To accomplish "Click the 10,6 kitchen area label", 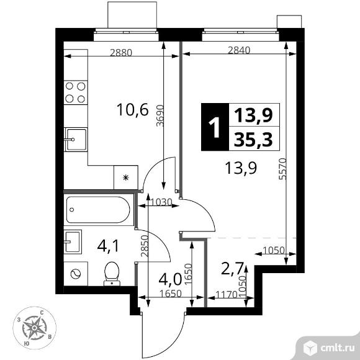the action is [133, 109].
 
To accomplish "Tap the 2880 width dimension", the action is [121, 53].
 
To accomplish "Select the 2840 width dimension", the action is [239, 50].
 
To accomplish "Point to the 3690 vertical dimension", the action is [160, 115].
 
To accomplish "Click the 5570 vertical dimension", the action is [282, 169].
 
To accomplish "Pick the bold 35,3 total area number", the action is [253, 140].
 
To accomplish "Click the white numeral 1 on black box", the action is [215, 127].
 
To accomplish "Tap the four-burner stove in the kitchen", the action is [76, 92].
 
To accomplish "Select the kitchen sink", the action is [76, 140].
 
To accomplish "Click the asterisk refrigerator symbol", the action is [125, 178].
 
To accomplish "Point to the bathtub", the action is [98, 210].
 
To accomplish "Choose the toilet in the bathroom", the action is [112, 274].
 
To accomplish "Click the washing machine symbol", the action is [76, 274].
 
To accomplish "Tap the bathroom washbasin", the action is [73, 241].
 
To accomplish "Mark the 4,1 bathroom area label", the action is [108, 246].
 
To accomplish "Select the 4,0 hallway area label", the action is [170, 279].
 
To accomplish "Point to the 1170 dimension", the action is [226, 294].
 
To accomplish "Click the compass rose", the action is [34, 328].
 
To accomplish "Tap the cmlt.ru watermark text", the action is [337, 348].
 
